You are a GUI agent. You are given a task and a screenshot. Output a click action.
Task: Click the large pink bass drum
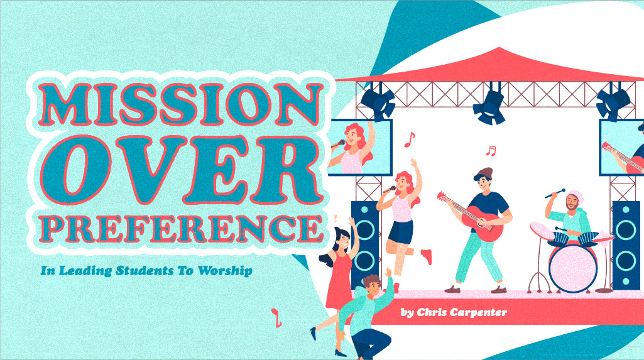pyautogui.click(x=572, y=264)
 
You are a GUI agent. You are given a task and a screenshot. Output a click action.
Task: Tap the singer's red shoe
pyautogui.click(x=427, y=256)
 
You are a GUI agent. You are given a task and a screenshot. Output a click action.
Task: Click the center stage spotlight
pyautogui.click(x=489, y=107)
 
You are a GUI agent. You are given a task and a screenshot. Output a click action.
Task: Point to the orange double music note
pyautogui.click(x=491, y=151)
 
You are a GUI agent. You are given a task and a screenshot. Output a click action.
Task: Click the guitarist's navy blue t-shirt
pyautogui.click(x=494, y=204)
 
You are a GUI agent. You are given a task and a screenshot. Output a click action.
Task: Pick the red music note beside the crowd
pyautogui.click(x=275, y=318)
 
